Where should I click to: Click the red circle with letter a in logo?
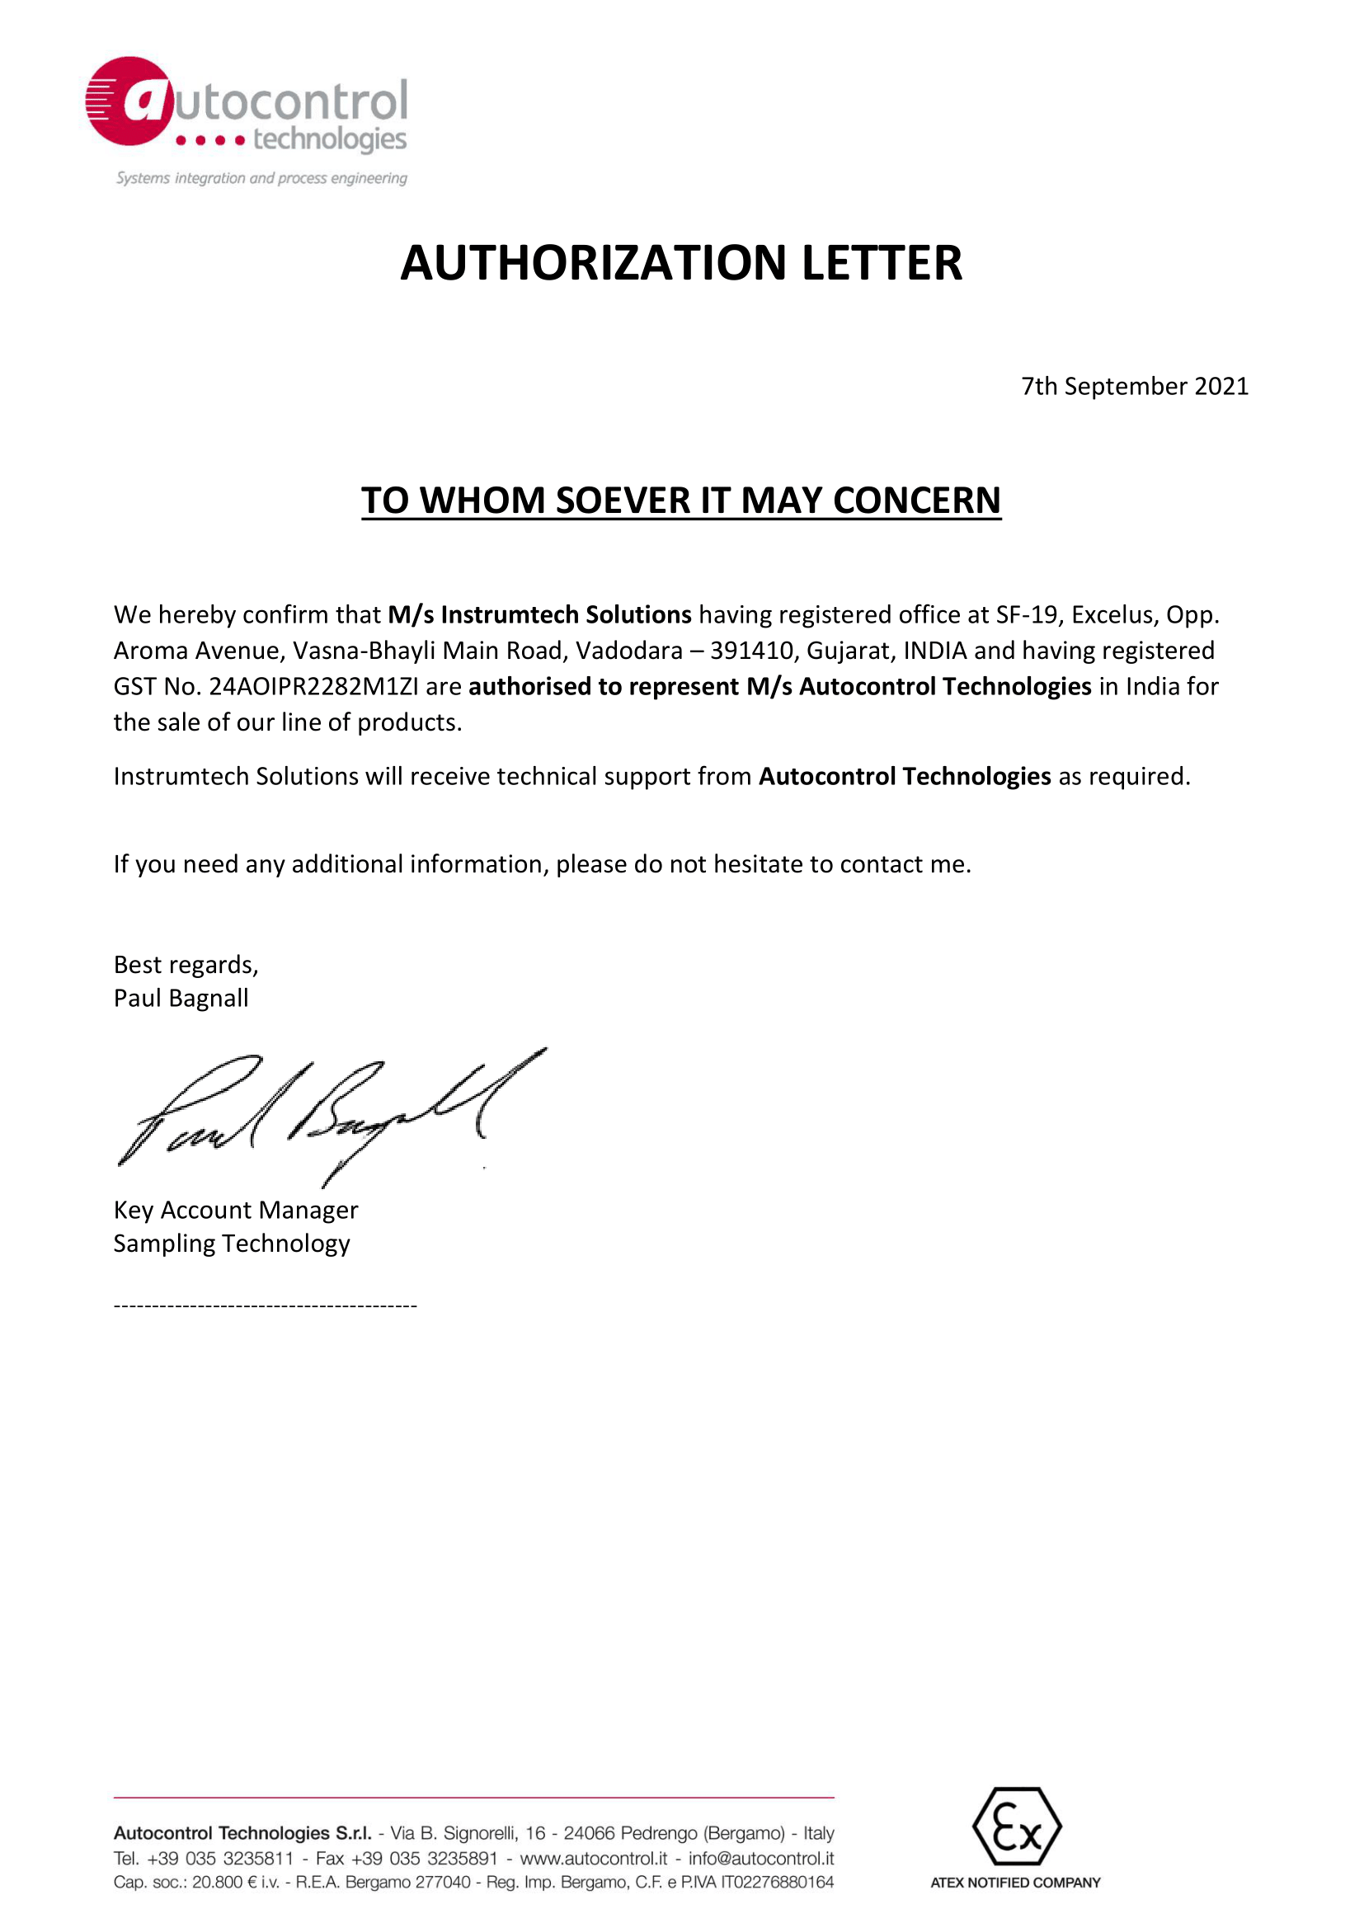point(130,101)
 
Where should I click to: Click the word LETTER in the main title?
point(881,263)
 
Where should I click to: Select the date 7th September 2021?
point(1134,386)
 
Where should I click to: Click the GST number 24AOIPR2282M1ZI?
point(313,687)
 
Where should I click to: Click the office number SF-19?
point(1027,614)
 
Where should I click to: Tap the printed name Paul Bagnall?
point(181,999)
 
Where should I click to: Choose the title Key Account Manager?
point(235,1210)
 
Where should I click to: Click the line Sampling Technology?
point(231,1244)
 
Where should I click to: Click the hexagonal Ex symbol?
point(1016,1827)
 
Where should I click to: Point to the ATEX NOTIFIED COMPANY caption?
point(1014,1883)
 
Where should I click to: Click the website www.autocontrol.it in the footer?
point(593,1858)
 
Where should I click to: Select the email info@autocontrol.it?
point(761,1858)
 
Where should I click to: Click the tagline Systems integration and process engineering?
point(261,178)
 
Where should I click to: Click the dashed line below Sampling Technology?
point(265,1305)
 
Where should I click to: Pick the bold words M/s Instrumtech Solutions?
point(539,614)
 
